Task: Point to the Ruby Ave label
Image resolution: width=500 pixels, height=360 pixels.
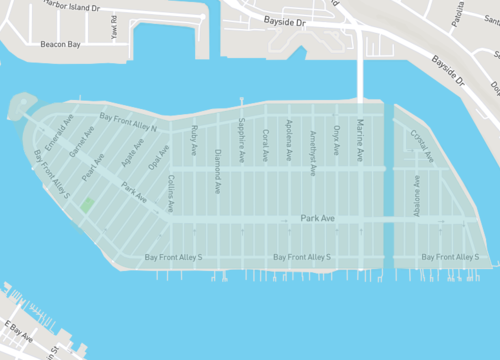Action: pyautogui.click(x=195, y=140)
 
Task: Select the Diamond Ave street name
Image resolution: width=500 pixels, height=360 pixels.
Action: pyautogui.click(x=218, y=169)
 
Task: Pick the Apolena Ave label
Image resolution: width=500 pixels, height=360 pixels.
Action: pyautogui.click(x=289, y=147)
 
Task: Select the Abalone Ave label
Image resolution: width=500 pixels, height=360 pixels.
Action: pyautogui.click(x=416, y=197)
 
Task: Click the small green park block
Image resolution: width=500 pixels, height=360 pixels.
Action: pyautogui.click(x=87, y=206)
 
